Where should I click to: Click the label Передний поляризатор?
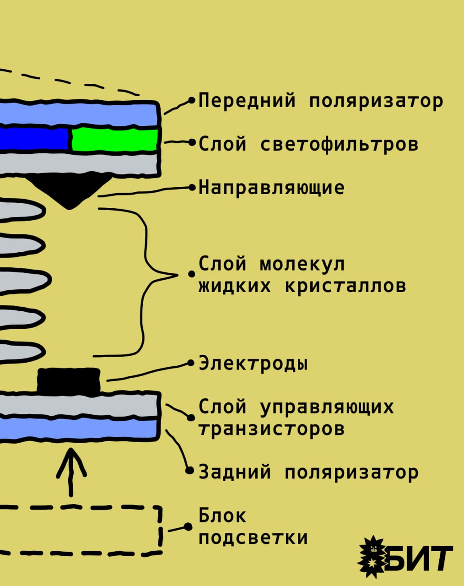pyautogui.click(x=321, y=101)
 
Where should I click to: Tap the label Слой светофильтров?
pyautogui.click(x=308, y=144)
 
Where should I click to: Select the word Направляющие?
pyautogui.click(x=272, y=188)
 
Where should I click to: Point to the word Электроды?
pyautogui.click(x=253, y=363)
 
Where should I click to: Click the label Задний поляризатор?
pyautogui.click(x=308, y=472)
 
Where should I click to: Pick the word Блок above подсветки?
pyautogui.click(x=222, y=515)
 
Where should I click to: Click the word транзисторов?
pyautogui.click(x=272, y=429)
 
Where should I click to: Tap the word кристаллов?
pyautogui.click(x=345, y=286)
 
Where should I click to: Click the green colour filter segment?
pyautogui.click(x=115, y=140)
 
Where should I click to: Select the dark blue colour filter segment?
pyautogui.click(x=34, y=139)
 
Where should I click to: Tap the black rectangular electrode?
pyautogui.click(x=69, y=380)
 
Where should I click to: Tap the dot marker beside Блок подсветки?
pyautogui.click(x=188, y=526)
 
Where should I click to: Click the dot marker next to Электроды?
pyautogui.click(x=191, y=363)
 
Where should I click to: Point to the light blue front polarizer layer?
pyautogui.click(x=78, y=114)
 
